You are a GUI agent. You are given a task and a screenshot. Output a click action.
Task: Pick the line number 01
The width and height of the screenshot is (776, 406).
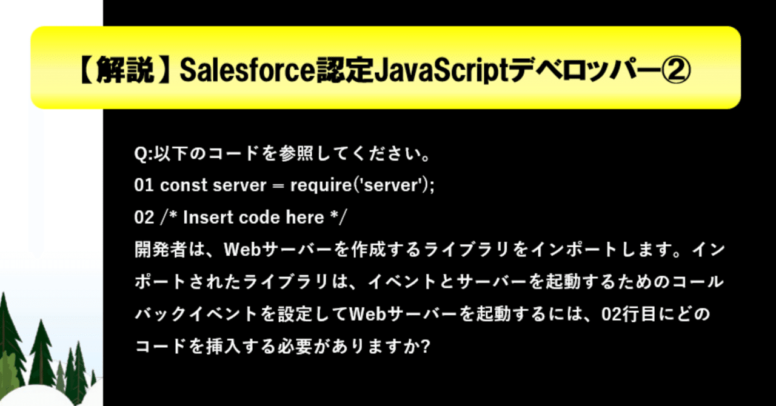click(x=144, y=185)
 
